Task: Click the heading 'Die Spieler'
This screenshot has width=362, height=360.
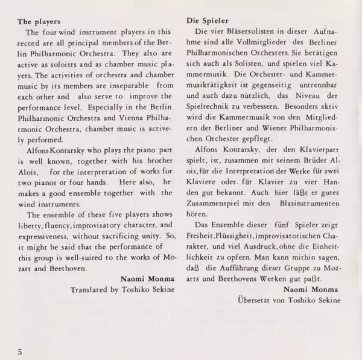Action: click(203, 18)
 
